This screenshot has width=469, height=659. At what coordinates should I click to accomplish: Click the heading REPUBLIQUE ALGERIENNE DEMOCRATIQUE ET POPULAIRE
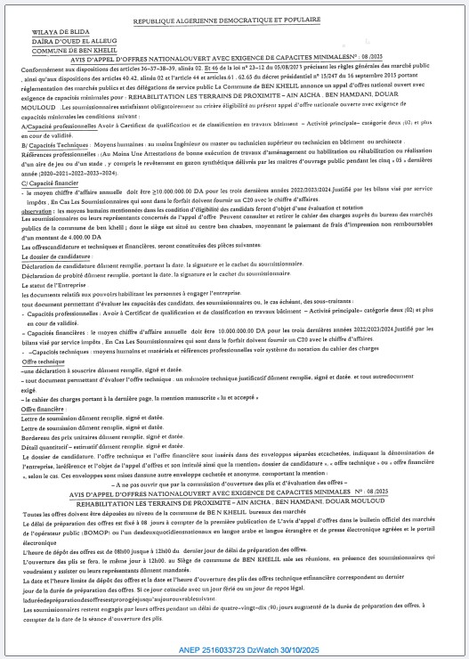click(x=236, y=16)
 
